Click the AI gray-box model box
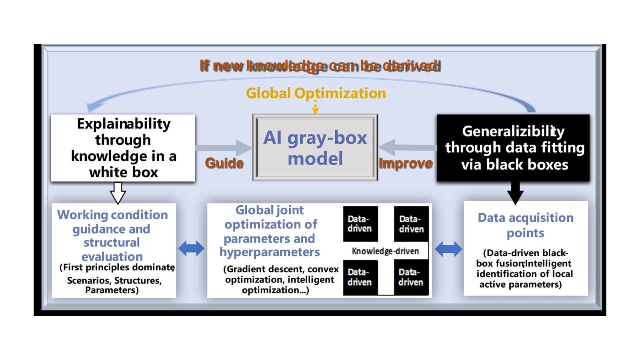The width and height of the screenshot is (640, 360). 315,148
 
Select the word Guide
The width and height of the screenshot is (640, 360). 224,163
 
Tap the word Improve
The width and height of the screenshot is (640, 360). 406,163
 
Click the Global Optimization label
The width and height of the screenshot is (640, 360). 316,93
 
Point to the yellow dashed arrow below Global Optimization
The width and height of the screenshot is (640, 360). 315,107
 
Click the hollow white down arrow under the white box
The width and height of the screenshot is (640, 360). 118,193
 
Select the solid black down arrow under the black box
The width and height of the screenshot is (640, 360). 515,193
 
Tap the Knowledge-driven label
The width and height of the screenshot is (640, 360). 385,251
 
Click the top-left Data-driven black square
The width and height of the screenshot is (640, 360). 360,224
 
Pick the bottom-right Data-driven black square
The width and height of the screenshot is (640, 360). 411,277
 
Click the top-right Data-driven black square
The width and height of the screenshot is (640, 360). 411,224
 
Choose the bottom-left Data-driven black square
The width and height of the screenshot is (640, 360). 360,277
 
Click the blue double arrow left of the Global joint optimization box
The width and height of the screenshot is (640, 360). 191,249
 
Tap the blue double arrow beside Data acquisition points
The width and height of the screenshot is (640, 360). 448,249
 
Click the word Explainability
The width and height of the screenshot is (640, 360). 124,124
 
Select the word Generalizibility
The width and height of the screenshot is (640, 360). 513,131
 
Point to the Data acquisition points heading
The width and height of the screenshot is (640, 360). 525,225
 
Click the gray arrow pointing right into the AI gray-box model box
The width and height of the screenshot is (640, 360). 224,148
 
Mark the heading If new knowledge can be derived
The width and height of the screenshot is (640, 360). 320,66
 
